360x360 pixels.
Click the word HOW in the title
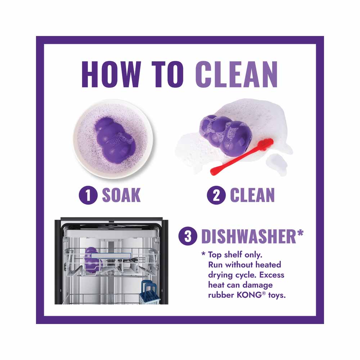(111, 75)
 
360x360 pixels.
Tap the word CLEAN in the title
(237, 75)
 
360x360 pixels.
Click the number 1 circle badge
(88, 195)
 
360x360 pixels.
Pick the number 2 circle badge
(216, 195)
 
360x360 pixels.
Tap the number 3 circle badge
(188, 236)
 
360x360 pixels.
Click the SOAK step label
(121, 195)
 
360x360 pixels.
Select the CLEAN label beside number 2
(252, 195)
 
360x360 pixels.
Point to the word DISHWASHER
(249, 236)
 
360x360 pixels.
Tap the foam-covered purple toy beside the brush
(226, 135)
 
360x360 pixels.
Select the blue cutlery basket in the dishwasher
(150, 292)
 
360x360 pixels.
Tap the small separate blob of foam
(277, 164)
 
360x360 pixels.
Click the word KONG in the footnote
(249, 295)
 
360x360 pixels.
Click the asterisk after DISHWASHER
(300, 234)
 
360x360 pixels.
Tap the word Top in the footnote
(215, 255)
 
